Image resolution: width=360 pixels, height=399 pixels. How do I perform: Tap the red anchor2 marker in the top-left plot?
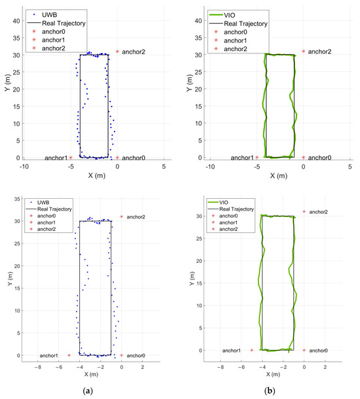coord(117,51)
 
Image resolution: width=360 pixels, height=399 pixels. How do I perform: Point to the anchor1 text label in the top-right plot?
coord(240,158)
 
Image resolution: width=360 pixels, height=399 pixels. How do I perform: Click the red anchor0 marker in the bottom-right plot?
coord(304,351)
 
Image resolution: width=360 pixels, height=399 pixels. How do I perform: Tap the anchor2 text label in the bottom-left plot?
coord(135,217)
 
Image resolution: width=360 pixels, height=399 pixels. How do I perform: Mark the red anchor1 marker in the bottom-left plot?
coord(69,355)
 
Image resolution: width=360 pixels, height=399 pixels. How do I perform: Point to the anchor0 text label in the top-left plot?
coord(134,158)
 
